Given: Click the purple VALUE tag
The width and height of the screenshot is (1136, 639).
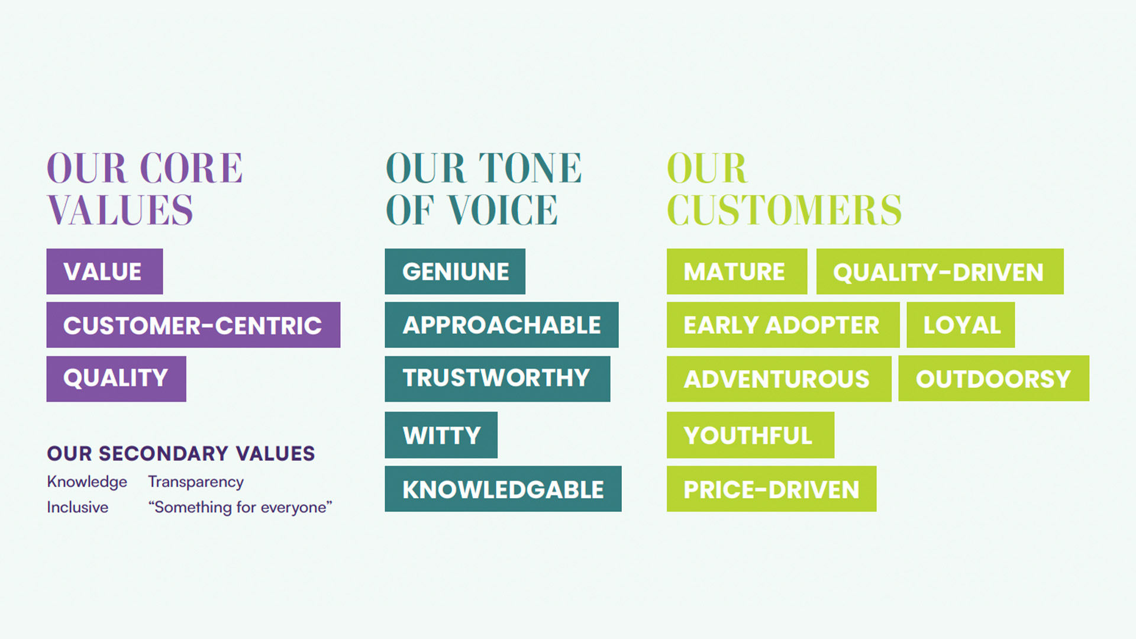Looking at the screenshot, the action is (105, 272).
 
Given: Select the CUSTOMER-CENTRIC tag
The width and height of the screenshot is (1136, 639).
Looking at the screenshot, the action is (193, 325).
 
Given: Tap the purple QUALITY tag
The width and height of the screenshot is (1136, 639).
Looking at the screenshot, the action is (117, 379).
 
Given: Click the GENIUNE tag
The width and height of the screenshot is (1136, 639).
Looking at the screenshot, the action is (455, 272).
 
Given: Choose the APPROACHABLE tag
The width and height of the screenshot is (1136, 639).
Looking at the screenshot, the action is (502, 325).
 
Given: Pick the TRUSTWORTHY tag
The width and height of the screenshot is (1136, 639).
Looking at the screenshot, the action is (498, 379).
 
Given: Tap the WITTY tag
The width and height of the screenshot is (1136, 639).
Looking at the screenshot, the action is (441, 435).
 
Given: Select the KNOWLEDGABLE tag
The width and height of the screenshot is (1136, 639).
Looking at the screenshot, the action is (504, 489).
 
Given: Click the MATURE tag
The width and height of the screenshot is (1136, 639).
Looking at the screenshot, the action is (737, 272).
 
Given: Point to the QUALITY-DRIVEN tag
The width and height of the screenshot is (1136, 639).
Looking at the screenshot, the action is (940, 272).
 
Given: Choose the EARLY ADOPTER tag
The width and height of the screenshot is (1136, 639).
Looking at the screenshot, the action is (783, 325).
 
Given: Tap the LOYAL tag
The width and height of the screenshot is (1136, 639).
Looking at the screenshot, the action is (961, 325).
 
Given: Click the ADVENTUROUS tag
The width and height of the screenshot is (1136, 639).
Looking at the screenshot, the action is (779, 379).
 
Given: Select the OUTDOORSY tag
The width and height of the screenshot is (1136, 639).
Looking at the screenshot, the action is (994, 379).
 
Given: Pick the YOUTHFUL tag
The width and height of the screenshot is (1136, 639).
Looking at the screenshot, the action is (751, 435).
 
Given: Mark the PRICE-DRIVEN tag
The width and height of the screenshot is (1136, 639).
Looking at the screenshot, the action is (772, 489).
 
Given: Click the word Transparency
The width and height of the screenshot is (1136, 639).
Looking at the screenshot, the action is (196, 482).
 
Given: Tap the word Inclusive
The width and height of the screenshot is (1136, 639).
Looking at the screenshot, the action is (78, 507).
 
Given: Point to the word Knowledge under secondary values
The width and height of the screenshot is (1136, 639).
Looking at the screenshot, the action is (87, 482).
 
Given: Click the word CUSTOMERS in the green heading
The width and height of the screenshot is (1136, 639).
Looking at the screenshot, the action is (785, 210).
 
